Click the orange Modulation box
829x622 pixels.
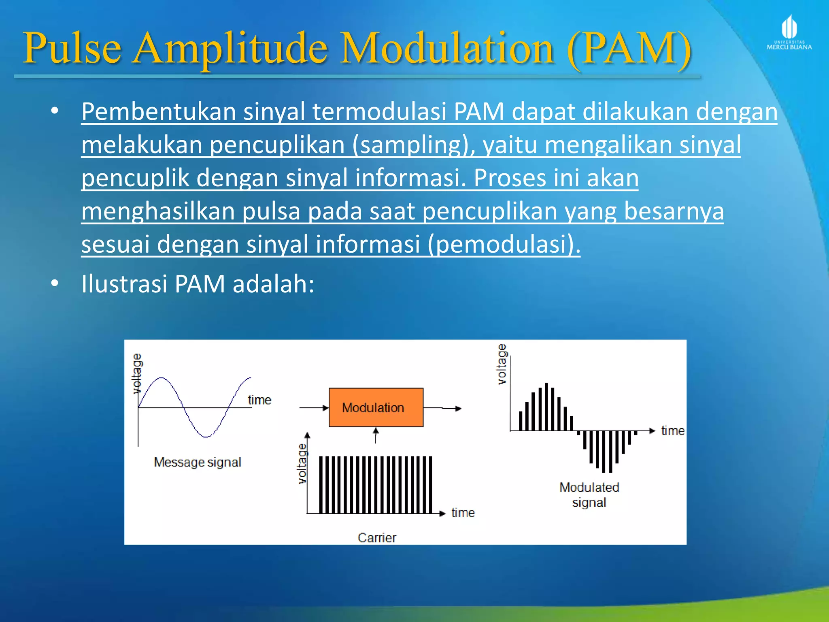pyautogui.click(x=376, y=407)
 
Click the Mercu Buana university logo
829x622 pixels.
pyautogui.click(x=789, y=32)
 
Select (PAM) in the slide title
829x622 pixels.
pyautogui.click(x=629, y=49)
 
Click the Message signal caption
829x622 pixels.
pyautogui.click(x=198, y=462)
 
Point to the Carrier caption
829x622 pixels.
pyautogui.click(x=377, y=538)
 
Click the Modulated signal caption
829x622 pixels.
pyautogui.click(x=589, y=494)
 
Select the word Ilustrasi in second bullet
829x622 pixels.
pyautogui.click(x=124, y=284)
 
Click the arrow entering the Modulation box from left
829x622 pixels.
pyautogui.click(x=314, y=408)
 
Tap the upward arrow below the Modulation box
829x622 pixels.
pyautogui.click(x=376, y=435)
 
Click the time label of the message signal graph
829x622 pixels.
pyautogui.click(x=259, y=400)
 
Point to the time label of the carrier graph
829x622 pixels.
pyautogui.click(x=463, y=513)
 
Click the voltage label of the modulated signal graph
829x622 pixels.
pyautogui.click(x=502, y=364)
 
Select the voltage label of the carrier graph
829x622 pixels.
pyautogui.click(x=302, y=463)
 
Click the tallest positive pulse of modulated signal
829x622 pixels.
pyautogui.click(x=546, y=406)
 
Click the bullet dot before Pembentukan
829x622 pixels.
pyautogui.click(x=55, y=111)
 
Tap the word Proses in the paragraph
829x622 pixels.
pyautogui.click(x=509, y=178)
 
